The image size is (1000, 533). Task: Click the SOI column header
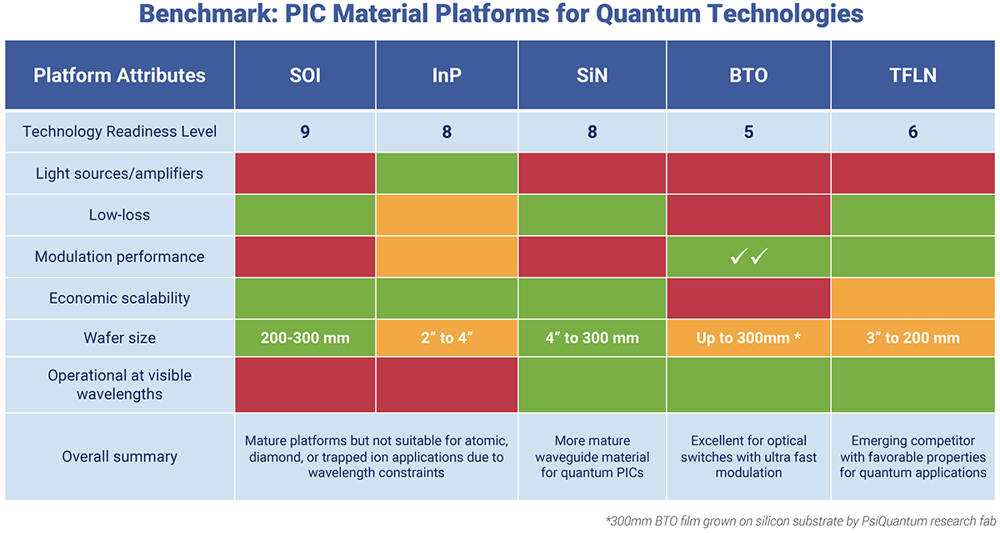pos(305,76)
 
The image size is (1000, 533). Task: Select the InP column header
pos(447,76)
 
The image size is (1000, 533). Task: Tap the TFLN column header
pos(913,76)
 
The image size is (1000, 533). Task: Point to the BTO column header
pos(747,76)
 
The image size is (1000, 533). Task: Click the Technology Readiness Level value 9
pos(305,132)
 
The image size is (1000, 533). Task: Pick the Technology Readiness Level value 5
pos(747,132)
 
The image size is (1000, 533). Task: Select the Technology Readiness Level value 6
pos(913,132)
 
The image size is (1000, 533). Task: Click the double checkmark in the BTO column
pos(747,257)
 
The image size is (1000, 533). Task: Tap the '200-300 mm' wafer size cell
pos(305,339)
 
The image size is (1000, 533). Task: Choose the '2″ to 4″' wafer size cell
pos(447,339)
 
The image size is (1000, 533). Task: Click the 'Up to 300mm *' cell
pos(747,339)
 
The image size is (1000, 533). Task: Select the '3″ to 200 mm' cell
pos(913,339)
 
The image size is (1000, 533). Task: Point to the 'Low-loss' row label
pos(119,215)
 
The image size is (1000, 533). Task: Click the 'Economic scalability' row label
pos(119,298)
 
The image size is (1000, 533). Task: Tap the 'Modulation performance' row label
pos(119,257)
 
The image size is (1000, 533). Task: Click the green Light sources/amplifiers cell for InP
pos(447,173)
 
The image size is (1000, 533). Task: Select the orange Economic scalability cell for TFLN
pos(913,298)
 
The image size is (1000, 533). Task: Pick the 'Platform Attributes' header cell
pos(119,76)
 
